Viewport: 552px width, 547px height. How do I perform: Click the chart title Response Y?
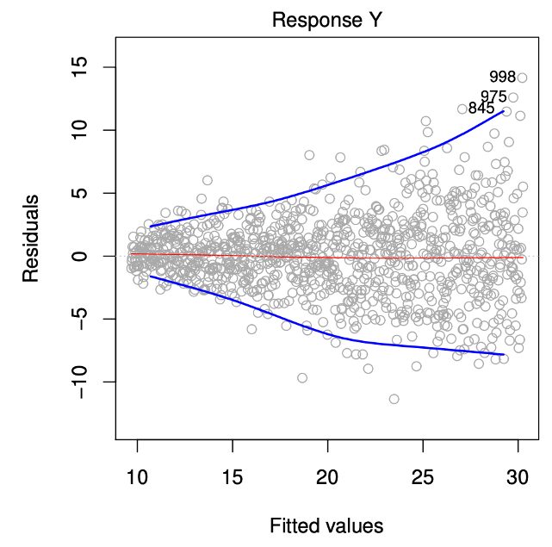(326, 20)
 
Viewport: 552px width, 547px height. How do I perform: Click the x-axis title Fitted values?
(326, 525)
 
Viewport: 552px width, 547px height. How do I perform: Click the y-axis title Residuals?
(31, 238)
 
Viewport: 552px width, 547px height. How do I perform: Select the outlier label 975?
(493, 96)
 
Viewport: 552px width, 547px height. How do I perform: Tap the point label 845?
(481, 109)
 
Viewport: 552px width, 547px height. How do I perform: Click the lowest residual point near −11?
(394, 399)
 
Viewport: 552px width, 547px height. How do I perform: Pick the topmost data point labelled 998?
(522, 78)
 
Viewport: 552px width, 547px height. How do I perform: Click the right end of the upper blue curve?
(503, 110)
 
